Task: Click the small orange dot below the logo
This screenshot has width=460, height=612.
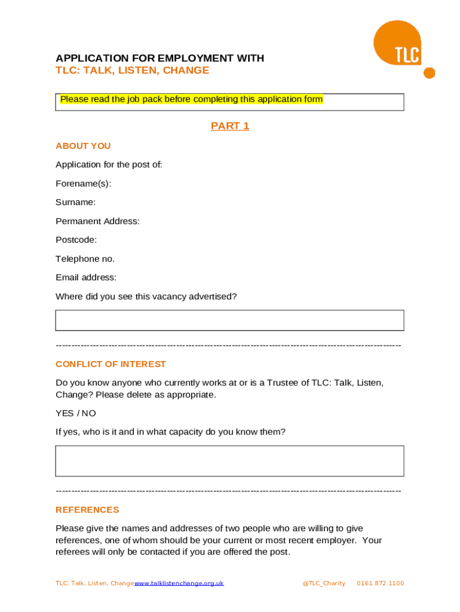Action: tap(429, 73)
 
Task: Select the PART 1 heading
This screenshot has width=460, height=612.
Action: tap(230, 126)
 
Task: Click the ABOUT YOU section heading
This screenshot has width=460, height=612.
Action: tap(83, 146)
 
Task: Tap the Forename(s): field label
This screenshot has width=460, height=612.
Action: tap(83, 183)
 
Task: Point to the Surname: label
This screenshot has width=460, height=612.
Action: tap(75, 203)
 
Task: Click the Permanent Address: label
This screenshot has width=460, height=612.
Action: tap(97, 221)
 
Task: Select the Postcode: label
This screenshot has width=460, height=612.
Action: tap(76, 240)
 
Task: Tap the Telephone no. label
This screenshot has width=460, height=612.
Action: tap(85, 259)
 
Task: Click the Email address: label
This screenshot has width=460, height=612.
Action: tap(86, 277)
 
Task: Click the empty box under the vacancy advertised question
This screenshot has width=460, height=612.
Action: tap(229, 320)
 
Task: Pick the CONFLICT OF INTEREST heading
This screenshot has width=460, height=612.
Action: tap(111, 364)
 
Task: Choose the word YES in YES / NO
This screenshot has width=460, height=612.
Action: tap(65, 413)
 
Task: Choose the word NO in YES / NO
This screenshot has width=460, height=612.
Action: tap(89, 413)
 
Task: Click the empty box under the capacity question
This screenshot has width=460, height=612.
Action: tap(229, 461)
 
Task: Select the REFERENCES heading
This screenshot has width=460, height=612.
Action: tap(87, 510)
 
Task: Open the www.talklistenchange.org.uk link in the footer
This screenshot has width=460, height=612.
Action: tap(179, 583)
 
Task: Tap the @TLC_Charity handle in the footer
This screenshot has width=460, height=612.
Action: tap(324, 583)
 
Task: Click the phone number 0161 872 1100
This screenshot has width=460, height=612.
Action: tap(380, 583)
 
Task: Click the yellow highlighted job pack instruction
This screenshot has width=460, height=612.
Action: tap(191, 99)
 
